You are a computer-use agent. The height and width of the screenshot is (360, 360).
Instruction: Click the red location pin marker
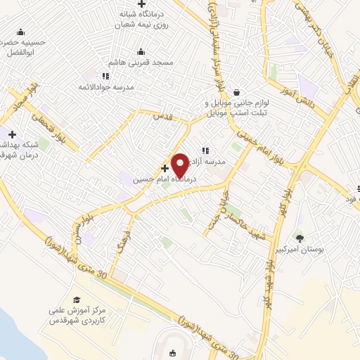coord(180,165)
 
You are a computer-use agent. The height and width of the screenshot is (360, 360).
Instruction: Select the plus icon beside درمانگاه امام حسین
coord(165,168)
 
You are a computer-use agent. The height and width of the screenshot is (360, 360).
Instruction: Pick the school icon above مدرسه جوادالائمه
coord(105,76)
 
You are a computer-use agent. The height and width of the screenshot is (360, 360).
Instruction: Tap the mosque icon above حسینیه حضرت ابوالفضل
coord(20,32)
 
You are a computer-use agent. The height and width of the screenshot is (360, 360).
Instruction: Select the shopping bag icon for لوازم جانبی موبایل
coord(236,91)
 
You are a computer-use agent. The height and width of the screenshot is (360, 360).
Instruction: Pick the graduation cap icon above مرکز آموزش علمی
coord(77,300)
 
